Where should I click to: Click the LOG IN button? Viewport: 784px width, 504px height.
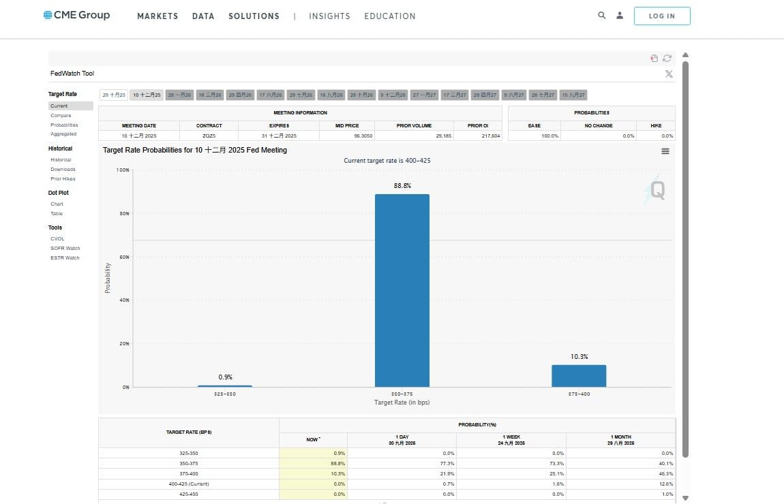661,16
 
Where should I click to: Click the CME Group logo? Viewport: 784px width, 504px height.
76,15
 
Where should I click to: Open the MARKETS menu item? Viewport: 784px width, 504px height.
157,16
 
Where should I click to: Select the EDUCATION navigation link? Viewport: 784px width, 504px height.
389,16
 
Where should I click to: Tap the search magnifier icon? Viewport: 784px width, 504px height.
601,15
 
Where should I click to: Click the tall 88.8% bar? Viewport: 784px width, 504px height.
402,290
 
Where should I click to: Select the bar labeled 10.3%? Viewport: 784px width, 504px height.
579,375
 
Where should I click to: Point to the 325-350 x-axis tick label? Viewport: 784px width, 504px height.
225,394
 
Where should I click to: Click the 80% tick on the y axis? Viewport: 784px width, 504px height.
125,213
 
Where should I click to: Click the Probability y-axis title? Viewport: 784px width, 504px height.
108,279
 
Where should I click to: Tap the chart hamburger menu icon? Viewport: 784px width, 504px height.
665,151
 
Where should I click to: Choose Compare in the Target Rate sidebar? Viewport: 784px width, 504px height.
61,116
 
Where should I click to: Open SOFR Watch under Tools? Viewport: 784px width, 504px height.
65,248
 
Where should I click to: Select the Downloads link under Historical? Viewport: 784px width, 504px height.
63,169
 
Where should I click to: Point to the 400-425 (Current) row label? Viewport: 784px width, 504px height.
189,484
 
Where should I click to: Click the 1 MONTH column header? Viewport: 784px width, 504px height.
620,439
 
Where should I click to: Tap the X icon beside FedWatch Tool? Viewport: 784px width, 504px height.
669,74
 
